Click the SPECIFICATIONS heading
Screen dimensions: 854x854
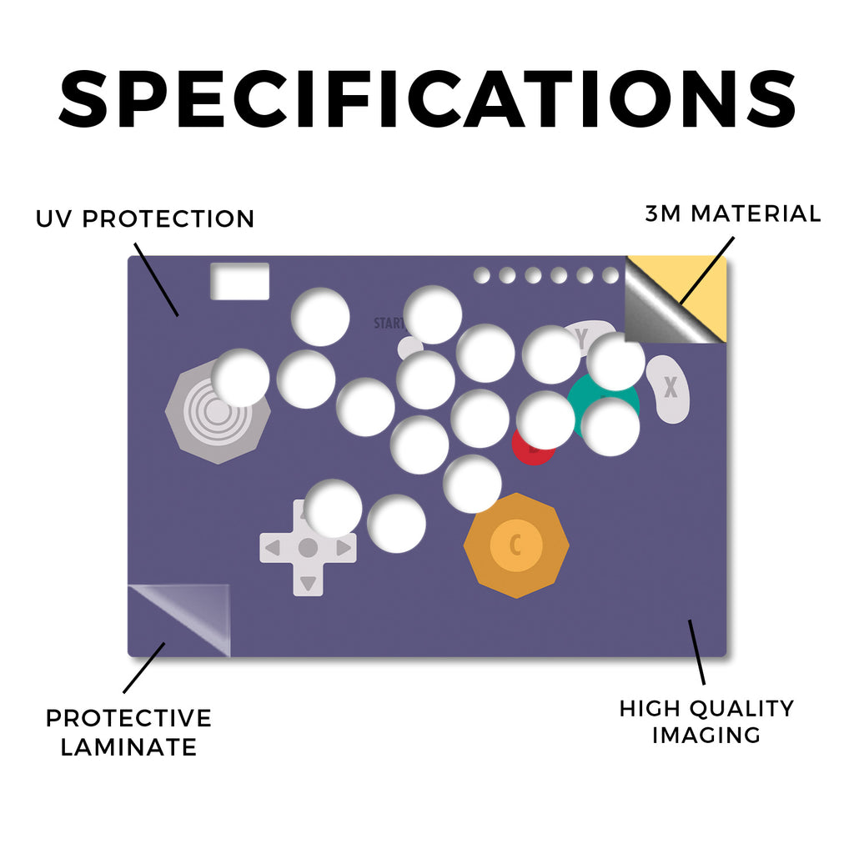[x=427, y=99]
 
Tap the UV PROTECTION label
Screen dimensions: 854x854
[x=145, y=219]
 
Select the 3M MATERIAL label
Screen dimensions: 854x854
[x=732, y=213]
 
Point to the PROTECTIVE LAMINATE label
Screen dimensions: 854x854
[x=128, y=732]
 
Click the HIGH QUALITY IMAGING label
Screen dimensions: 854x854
[x=706, y=721]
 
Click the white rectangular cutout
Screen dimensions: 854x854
[x=239, y=281]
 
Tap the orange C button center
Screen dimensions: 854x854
[x=515, y=545]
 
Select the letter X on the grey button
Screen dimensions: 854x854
[x=671, y=387]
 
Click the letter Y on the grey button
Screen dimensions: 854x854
[x=582, y=338]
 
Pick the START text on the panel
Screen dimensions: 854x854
[x=389, y=324]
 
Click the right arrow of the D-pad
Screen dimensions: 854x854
[x=344, y=547]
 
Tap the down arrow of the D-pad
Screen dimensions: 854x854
[x=308, y=583]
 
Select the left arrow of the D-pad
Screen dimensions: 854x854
[x=273, y=547]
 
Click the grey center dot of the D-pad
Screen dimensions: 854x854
[x=308, y=547]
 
